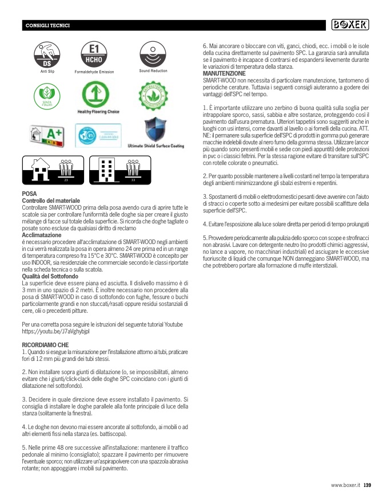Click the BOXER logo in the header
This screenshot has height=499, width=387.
(350, 25)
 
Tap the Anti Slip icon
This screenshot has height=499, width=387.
(47, 54)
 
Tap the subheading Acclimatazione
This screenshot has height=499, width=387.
(41, 235)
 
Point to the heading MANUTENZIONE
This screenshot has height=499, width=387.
(225, 74)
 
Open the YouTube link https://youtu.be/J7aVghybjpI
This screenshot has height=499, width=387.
(56, 331)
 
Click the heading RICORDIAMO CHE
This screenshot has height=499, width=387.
(45, 345)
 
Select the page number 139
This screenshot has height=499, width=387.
(368, 485)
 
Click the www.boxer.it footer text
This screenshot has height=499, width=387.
(345, 485)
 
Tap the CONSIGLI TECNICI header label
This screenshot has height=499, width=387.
(48, 26)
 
